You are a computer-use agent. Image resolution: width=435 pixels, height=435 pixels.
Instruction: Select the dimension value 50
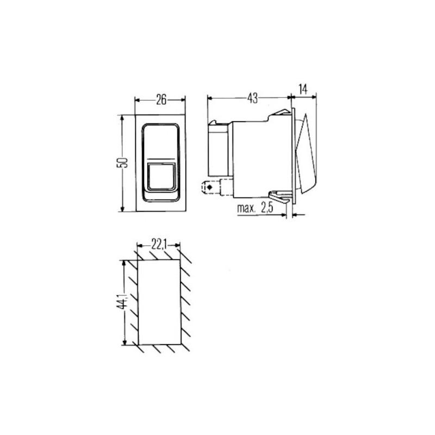[x=124, y=163]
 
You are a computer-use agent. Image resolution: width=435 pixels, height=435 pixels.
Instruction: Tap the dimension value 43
[x=252, y=98]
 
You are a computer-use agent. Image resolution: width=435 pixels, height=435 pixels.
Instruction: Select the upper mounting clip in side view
[x=279, y=114]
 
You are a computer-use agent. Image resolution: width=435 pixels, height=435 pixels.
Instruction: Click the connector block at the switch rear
[x=219, y=147]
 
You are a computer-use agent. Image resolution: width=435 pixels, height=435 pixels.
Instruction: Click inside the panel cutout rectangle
[x=159, y=302]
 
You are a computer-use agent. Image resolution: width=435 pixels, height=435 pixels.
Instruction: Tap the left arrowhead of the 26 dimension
[x=137, y=100]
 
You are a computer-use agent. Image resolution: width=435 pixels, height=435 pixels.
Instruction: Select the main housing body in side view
[x=258, y=155]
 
